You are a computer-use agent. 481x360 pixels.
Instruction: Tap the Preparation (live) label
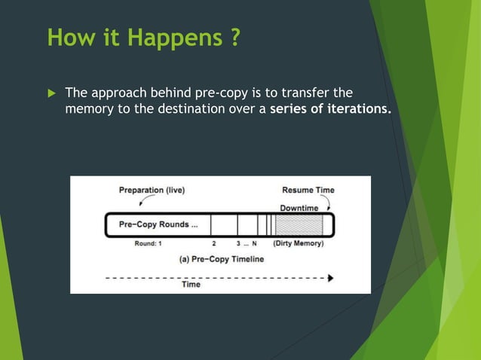tap(152, 190)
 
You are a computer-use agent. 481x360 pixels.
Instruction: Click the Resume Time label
tap(308, 190)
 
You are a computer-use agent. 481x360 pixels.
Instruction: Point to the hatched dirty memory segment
tap(299, 224)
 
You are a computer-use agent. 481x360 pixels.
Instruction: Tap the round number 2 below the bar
tap(214, 243)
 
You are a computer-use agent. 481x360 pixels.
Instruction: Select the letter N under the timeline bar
tap(255, 243)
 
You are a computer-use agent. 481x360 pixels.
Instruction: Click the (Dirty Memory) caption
tap(299, 243)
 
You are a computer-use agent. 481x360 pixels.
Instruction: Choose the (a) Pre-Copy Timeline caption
tap(222, 260)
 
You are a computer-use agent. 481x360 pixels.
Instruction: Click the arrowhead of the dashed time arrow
tap(329, 277)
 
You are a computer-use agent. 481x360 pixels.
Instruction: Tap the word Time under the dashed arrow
tap(191, 285)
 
